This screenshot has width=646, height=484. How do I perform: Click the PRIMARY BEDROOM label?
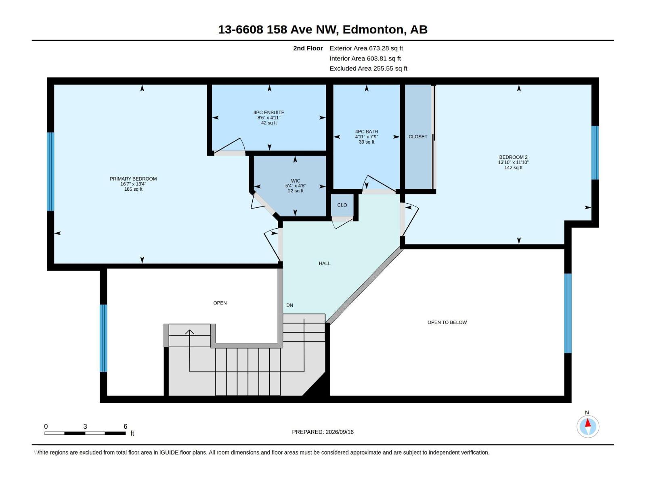133,179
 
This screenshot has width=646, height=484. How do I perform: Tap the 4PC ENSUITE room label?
269,112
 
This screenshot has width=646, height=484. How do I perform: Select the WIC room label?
296,181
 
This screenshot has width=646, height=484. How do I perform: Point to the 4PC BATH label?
367,131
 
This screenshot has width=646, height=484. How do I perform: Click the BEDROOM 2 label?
513,157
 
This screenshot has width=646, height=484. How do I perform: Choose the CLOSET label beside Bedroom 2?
418,137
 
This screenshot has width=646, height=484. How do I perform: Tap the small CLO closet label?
342,205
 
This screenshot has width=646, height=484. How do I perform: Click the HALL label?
325,263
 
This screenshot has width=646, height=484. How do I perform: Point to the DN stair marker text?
289,305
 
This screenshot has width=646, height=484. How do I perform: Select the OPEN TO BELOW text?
447,322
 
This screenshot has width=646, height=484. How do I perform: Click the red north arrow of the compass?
588,423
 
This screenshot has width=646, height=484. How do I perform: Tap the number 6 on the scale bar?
126,426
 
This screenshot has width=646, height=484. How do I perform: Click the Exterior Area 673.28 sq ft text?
366,48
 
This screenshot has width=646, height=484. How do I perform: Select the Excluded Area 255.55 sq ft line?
368,69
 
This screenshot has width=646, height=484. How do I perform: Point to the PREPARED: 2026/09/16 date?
323,432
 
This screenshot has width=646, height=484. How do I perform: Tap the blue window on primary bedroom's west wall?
50,172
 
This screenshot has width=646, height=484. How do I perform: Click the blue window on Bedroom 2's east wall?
595,153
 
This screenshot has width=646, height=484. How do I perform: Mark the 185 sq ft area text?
133,189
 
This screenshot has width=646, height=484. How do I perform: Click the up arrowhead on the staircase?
189,332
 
